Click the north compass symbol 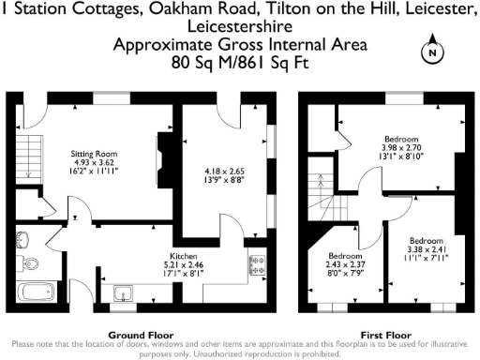coord(432,52)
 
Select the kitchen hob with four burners coord(256,265)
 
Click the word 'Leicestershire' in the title coord(240,27)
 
